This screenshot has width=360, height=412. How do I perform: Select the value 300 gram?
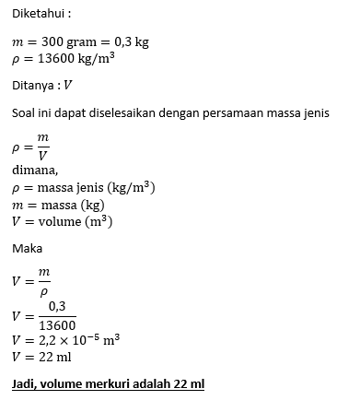pos(68,43)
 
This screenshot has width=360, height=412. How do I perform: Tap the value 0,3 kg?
pos(131,43)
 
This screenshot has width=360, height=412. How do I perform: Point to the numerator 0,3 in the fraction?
pos(56,307)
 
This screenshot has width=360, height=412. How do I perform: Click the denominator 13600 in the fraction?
pos(57,324)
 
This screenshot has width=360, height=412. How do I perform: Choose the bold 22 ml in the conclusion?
pos(188,383)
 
